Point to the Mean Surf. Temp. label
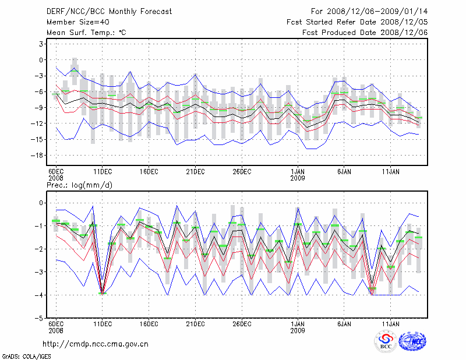click(86, 33)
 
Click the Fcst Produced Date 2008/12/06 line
click(365, 33)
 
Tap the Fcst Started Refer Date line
click(357, 22)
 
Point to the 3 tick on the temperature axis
click(41, 44)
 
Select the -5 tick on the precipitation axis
click(40, 319)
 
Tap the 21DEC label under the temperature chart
click(195, 172)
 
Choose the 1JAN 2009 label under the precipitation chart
click(298, 327)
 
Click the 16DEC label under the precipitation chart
click(149, 323)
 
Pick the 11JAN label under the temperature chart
click(390, 172)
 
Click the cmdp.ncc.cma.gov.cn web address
click(96, 344)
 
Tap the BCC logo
click(386, 341)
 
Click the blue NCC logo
click(412, 341)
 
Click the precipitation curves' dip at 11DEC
click(103, 292)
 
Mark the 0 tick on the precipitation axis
click(41, 203)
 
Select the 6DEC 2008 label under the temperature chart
click(56, 175)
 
